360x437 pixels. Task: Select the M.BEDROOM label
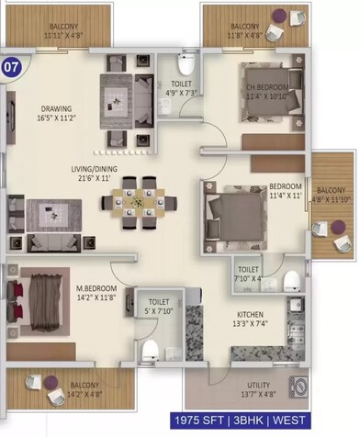(96, 287)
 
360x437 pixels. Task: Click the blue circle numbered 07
(11, 66)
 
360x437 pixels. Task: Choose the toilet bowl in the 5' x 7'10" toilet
(150, 351)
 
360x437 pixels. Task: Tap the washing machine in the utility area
(298, 387)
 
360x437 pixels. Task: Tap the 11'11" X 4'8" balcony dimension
(63, 35)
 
